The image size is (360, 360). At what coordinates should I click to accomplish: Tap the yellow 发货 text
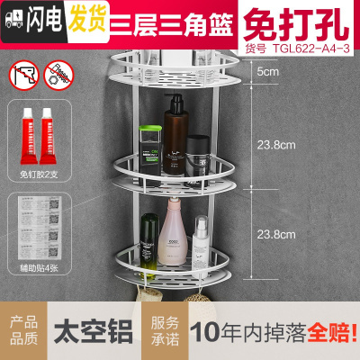pos(84,15)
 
